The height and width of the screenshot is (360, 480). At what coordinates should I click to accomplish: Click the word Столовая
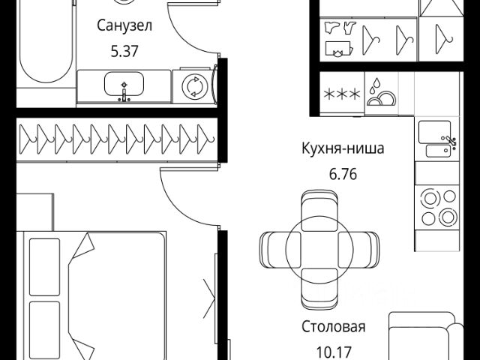[x=333, y=326]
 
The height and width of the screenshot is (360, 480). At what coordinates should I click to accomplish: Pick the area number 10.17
[x=333, y=350]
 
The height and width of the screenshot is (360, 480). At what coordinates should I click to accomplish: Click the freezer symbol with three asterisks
[x=341, y=94]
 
